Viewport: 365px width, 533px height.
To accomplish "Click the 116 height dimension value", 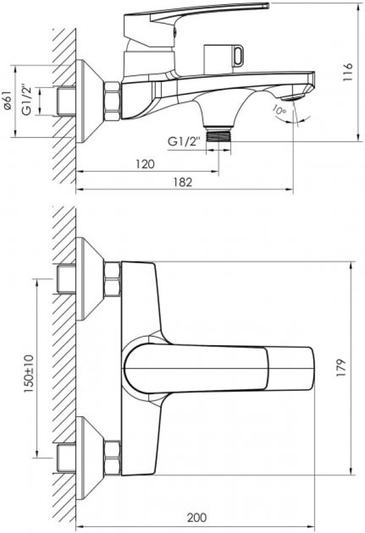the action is [x=347, y=72].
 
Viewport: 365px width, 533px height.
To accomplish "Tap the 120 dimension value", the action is [x=145, y=164].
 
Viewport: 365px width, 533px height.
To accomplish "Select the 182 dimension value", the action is [x=183, y=182].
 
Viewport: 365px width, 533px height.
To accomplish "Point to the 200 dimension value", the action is [x=196, y=518].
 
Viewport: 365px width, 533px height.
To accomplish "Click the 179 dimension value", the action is [x=341, y=367].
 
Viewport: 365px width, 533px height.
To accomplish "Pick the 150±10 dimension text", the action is [x=29, y=374].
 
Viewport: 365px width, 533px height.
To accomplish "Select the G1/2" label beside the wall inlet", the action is [x=27, y=101].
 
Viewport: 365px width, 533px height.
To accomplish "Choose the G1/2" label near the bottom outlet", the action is [x=183, y=142].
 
